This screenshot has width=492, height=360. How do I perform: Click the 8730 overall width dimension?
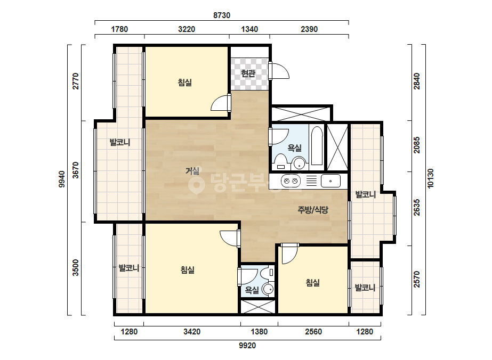coord(222,15)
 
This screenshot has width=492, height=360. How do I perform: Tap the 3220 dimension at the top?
coord(187,29)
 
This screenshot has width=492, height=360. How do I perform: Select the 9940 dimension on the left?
coord(62,179)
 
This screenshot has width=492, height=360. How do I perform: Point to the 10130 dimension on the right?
coord(430,178)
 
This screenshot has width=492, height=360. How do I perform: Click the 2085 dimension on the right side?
coord(416,145)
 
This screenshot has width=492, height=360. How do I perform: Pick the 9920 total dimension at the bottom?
coord(247,346)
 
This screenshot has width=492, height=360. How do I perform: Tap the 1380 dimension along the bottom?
coord(259,332)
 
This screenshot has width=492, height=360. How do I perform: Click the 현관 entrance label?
coord(248,73)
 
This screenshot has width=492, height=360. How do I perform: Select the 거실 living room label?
coord(192,171)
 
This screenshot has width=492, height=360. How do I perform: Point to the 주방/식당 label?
coord(312,210)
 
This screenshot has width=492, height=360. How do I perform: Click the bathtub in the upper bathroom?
coord(317,145)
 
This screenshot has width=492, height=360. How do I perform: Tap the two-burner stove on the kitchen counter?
coord(291,181)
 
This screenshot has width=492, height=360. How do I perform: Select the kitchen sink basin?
coord(330,181)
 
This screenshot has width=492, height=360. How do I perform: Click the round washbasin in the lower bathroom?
coord(268,289)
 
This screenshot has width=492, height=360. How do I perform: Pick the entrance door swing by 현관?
coord(279,70)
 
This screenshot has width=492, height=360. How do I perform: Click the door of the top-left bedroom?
coord(221,102)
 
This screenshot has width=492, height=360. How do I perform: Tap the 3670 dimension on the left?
coord(76,170)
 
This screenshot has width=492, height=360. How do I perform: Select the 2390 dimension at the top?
coord(309,29)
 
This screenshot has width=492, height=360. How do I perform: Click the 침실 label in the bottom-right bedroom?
coord(312,283)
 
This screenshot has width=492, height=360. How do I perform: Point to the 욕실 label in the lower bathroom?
coord(252,290)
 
